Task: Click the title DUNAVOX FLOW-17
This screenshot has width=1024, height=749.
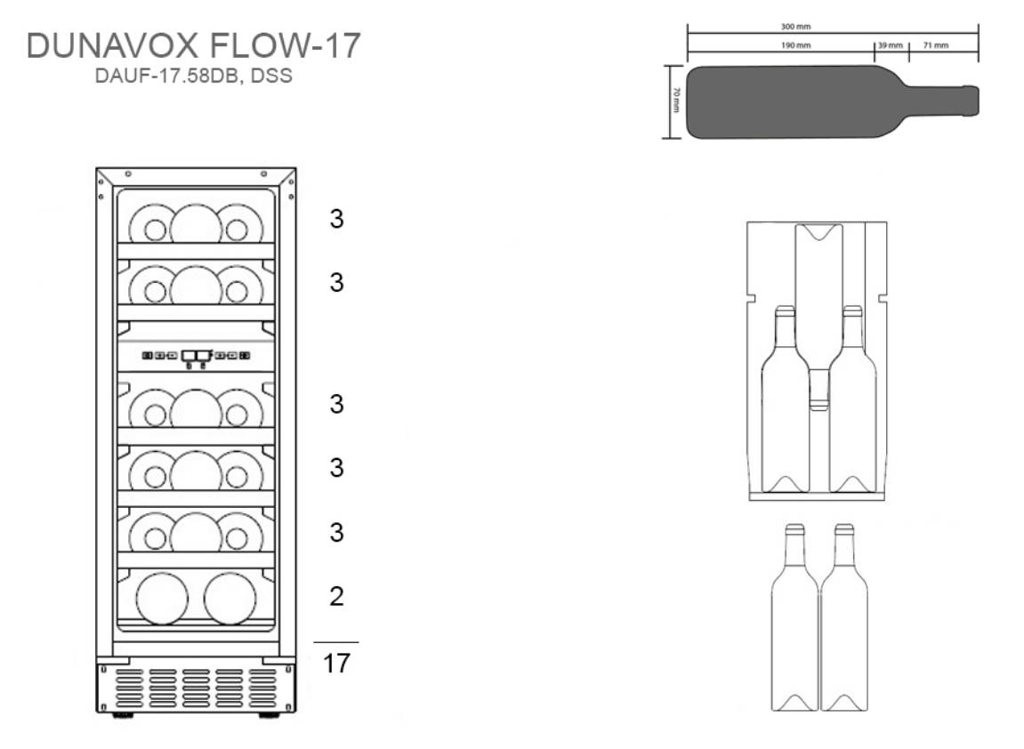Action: click(195, 48)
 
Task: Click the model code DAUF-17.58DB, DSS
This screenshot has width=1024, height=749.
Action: click(195, 77)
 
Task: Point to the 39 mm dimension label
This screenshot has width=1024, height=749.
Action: click(890, 45)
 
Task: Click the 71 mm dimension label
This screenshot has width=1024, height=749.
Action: click(936, 45)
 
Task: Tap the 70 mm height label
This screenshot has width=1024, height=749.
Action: click(676, 101)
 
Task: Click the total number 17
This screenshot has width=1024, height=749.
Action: click(336, 664)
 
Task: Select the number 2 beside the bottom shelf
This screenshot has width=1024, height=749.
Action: click(336, 596)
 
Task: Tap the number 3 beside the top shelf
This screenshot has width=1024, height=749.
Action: click(336, 220)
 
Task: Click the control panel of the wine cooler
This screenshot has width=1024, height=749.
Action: click(196, 356)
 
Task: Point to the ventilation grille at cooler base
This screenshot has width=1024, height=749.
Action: click(196, 688)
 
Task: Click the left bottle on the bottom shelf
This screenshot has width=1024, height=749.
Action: click(162, 598)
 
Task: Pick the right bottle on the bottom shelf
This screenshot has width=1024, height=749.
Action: click(230, 598)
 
